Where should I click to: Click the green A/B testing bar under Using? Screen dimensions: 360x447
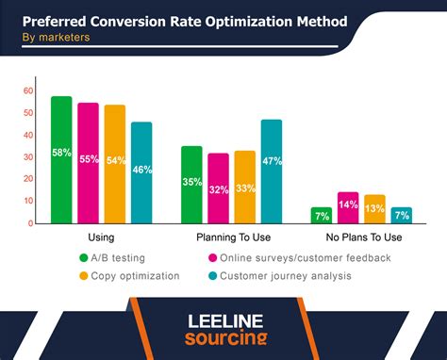pos(61,160)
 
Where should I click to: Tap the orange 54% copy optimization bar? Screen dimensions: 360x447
pos(115,164)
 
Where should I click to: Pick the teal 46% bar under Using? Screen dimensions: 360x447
pos(141,172)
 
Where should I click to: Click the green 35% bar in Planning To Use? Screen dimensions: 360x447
pos(191,185)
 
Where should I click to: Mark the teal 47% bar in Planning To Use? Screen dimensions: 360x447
pos(272,172)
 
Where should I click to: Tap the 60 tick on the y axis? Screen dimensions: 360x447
pos(28,90)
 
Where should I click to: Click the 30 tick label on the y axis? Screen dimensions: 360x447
pos(28,157)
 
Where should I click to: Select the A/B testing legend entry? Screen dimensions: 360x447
pos(111,257)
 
